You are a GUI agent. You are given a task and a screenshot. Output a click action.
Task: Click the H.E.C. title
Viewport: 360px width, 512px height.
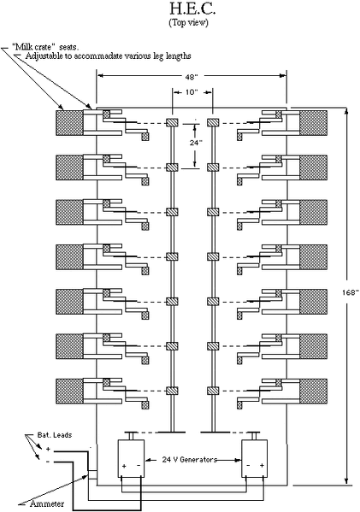pyautogui.click(x=192, y=9)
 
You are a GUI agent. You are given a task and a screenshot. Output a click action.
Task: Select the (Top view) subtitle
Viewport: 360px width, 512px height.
pyautogui.click(x=188, y=22)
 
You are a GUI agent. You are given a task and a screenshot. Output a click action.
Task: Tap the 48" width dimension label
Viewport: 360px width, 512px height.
pyautogui.click(x=191, y=77)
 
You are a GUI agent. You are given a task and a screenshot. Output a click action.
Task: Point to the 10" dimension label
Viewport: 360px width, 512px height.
pyautogui.click(x=192, y=92)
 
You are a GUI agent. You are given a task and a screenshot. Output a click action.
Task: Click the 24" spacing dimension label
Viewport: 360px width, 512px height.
pyautogui.click(x=196, y=143)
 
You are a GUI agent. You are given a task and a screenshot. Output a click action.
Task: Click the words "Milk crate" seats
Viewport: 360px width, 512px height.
pyautogui.click(x=47, y=46)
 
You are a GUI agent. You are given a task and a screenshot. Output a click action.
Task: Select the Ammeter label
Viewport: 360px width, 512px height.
pyautogui.click(x=47, y=503)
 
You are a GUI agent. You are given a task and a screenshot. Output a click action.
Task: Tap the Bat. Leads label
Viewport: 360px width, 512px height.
pyautogui.click(x=54, y=435)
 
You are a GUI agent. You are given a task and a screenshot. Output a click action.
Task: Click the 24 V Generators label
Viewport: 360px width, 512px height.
pyautogui.click(x=190, y=460)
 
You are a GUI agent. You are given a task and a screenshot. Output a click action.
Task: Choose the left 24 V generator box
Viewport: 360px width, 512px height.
pyautogui.click(x=131, y=458)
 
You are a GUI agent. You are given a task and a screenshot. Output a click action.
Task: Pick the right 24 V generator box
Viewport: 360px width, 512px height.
pyautogui.click(x=255, y=458)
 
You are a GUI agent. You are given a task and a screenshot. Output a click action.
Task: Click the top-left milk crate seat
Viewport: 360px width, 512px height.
pyautogui.click(x=69, y=123)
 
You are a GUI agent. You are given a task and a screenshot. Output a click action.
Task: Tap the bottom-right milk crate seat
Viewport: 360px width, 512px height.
pyautogui.click(x=313, y=391)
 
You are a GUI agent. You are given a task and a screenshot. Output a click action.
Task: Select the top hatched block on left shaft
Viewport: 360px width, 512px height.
pyautogui.click(x=172, y=123)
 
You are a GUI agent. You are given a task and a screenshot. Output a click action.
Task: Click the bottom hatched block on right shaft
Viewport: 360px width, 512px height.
pyautogui.click(x=213, y=391)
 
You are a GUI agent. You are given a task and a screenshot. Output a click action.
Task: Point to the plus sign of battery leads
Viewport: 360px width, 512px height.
pyautogui.click(x=48, y=450)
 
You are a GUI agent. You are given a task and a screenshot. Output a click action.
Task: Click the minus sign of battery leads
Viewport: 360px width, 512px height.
pyautogui.click(x=48, y=462)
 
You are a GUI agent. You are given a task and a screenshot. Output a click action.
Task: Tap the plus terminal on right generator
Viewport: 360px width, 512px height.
pyautogui.click(x=262, y=466)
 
